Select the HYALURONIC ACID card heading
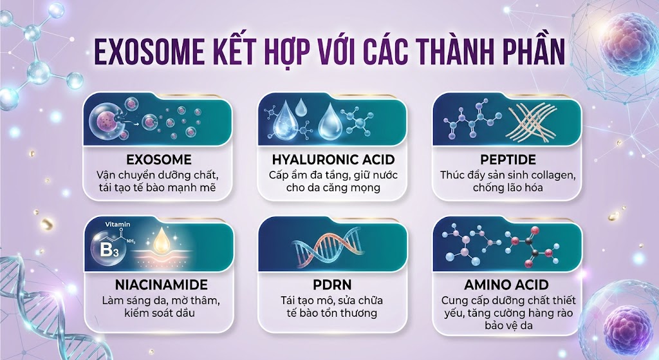(x=333, y=160)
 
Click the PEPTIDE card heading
(x=508, y=160)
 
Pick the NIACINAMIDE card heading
(x=162, y=285)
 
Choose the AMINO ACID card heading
(x=506, y=285)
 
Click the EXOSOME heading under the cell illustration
(x=159, y=160)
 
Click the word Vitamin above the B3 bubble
(x=117, y=224)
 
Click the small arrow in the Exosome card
(x=134, y=124)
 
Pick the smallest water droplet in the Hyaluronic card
(x=301, y=108)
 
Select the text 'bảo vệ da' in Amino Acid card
(x=508, y=325)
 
